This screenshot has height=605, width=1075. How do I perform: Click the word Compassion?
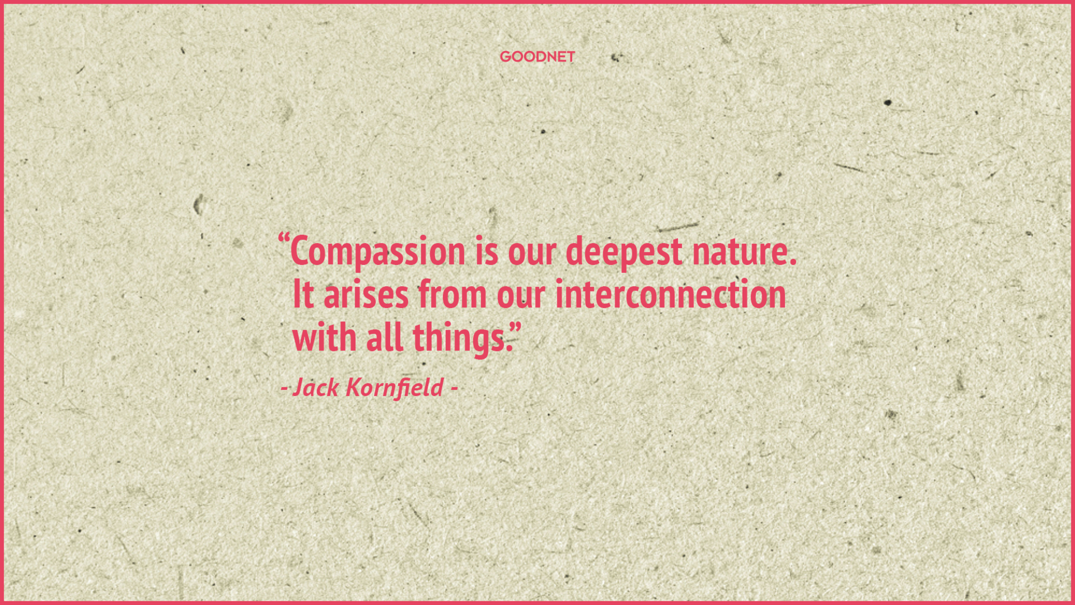[x=377, y=252]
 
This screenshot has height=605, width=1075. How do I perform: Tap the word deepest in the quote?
[x=624, y=252]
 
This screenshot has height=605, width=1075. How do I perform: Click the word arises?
[x=366, y=294]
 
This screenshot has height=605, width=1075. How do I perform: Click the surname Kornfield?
[x=394, y=387]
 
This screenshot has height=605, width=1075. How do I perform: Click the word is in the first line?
[x=486, y=252]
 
